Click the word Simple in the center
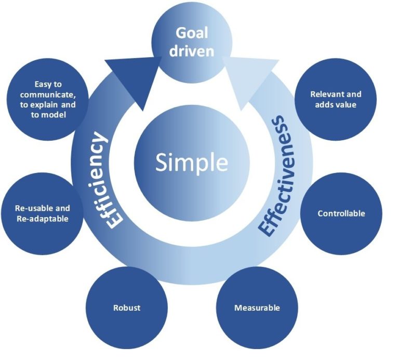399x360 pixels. click(192, 162)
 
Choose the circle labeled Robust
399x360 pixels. click(127, 308)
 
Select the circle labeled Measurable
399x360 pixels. click(257, 308)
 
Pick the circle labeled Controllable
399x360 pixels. click(341, 214)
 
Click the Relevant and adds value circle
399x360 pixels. click(336, 99)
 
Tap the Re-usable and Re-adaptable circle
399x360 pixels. click(42, 214)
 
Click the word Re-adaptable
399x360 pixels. click(42, 219)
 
